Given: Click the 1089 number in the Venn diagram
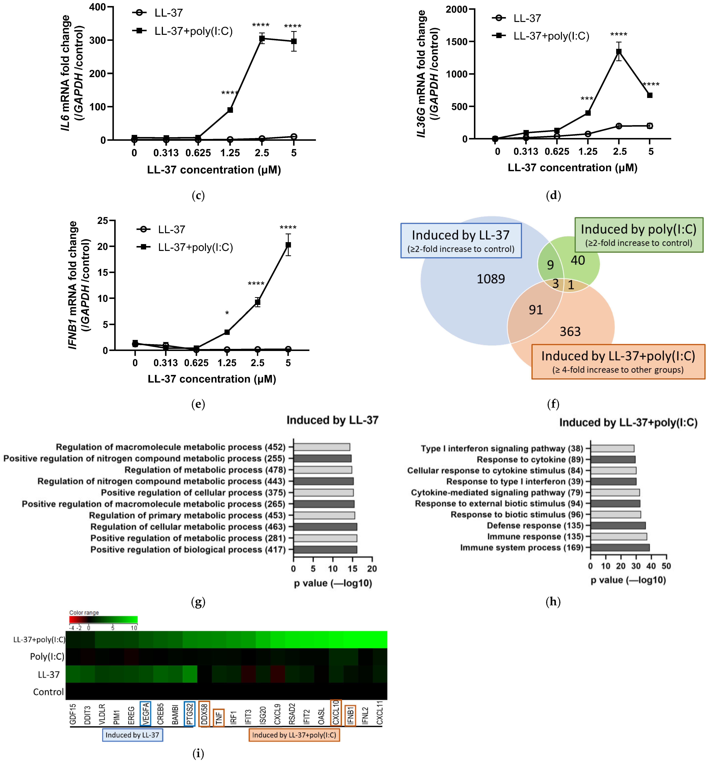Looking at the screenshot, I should [491, 279].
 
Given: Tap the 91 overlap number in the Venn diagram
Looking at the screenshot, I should [536, 310].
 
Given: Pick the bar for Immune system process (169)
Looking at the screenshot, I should [620, 548].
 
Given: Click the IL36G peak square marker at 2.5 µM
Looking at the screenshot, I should [619, 52].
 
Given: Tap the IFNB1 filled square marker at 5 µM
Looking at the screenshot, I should [288, 245].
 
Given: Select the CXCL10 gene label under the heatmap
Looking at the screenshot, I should [336, 713].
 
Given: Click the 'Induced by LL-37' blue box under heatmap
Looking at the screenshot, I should [133, 735].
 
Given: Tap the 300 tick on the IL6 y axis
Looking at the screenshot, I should [98, 40].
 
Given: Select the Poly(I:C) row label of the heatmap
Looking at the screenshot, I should [47, 657].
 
